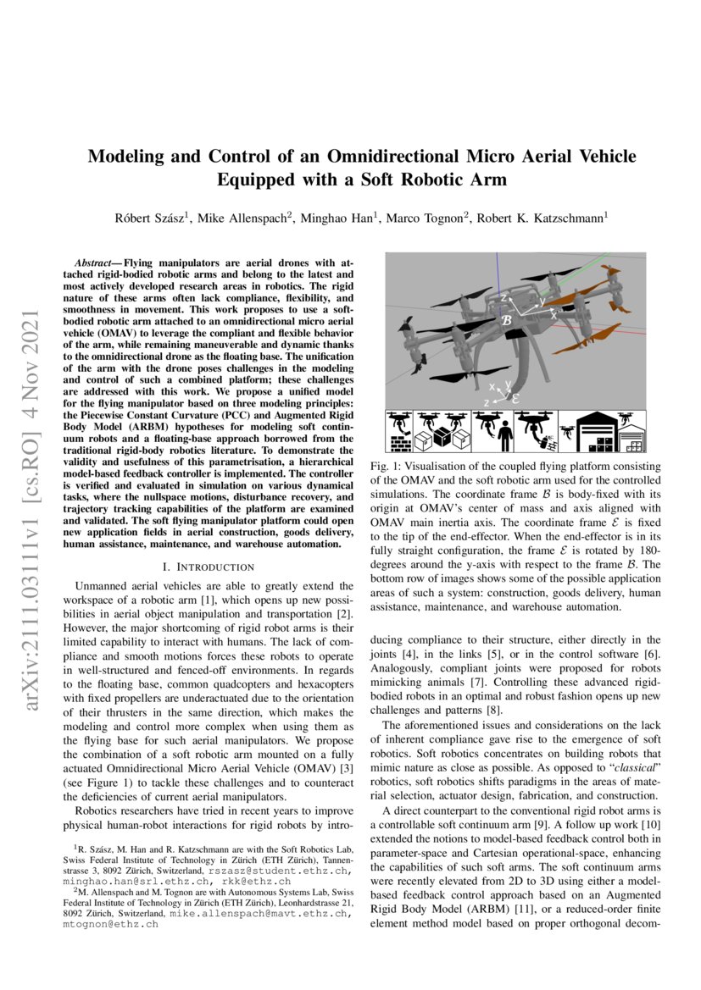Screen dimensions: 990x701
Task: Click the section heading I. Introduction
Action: [209, 567]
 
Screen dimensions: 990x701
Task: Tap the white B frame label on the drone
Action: [507, 321]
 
